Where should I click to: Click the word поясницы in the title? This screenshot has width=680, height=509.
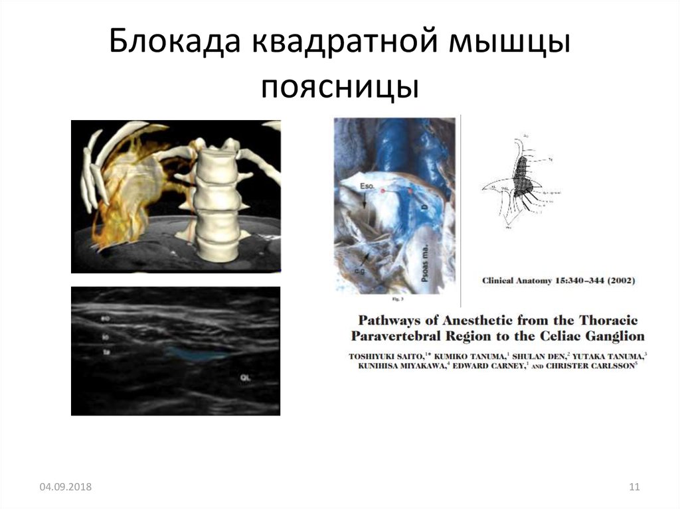339,88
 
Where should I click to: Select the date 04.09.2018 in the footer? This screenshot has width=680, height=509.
65,488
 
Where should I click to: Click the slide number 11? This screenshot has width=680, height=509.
634,488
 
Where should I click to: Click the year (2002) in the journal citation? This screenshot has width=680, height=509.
617,281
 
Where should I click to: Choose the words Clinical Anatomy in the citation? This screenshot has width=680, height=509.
517,281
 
